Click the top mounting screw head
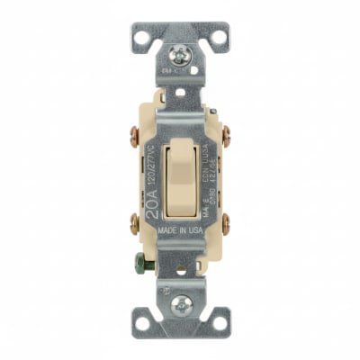180,57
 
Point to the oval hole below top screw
180,91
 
